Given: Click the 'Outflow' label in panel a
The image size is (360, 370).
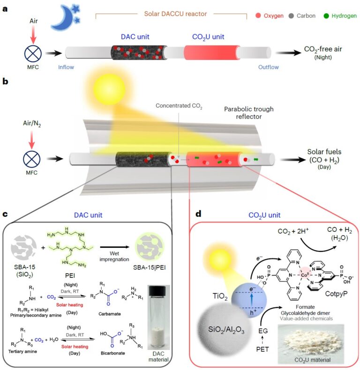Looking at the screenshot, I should click(268, 67).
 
